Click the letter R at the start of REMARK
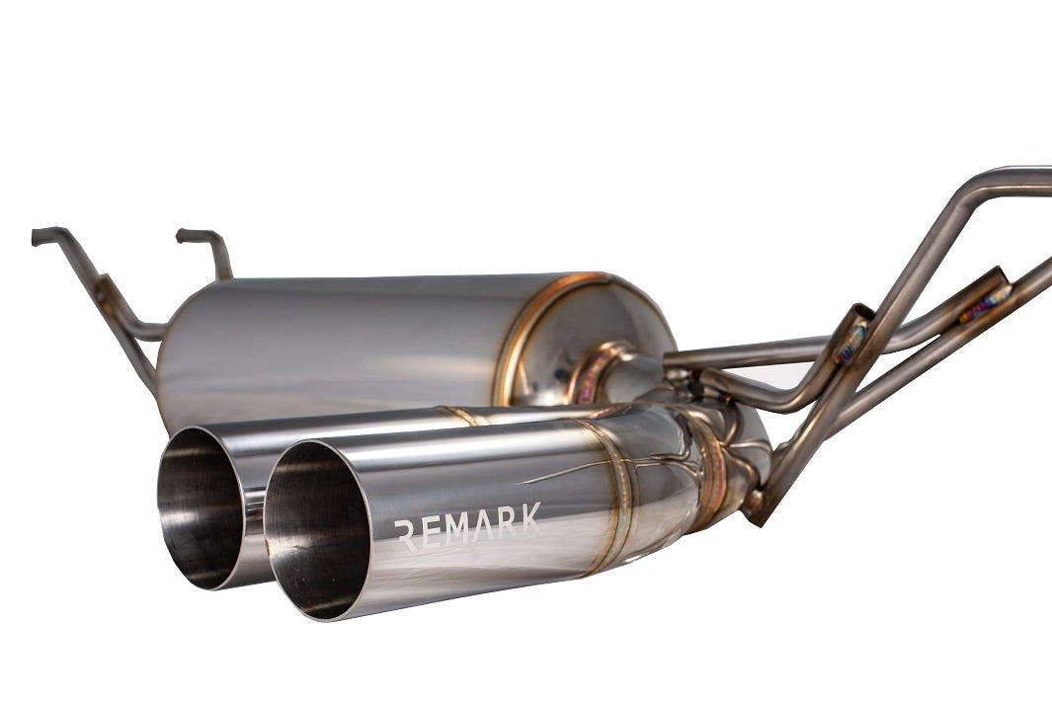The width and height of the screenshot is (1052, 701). (x=405, y=535)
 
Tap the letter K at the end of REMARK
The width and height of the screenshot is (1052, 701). (x=530, y=519)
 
